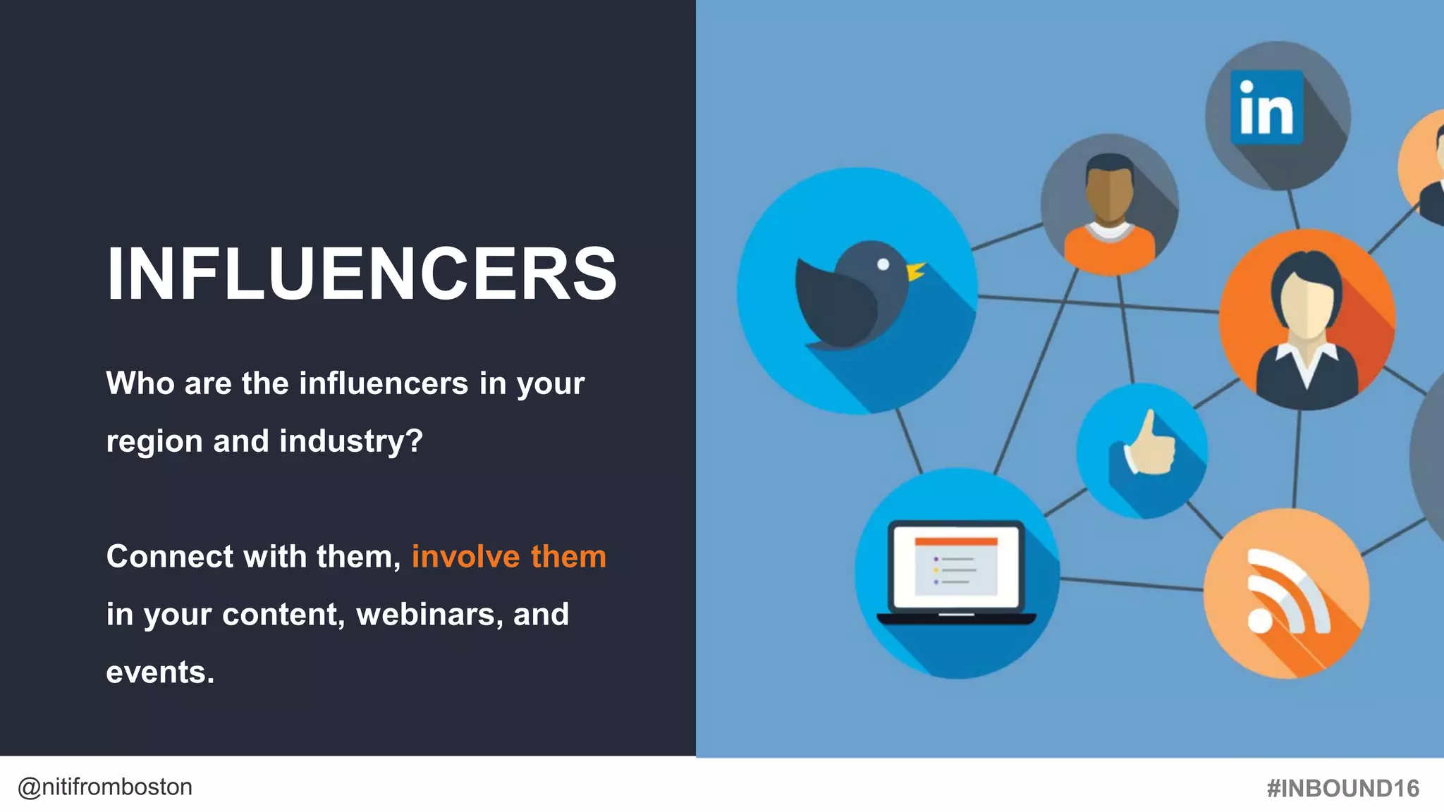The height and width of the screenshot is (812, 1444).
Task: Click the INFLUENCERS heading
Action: [362, 273]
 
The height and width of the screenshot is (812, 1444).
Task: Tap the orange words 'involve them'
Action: [508, 557]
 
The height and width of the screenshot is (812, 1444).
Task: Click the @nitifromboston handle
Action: [105, 787]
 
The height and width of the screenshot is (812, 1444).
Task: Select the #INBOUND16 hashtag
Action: [1342, 788]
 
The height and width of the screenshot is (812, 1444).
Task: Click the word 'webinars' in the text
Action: [429, 615]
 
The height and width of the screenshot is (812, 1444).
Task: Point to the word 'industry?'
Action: [351, 441]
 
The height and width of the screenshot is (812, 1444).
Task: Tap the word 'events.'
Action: [160, 672]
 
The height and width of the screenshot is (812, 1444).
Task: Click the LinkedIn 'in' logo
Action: [1266, 108]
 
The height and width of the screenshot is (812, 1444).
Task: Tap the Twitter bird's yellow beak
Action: [915, 270]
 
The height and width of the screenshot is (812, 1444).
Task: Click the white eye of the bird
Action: [883, 264]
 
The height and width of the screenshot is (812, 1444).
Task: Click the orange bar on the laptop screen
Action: [956, 541]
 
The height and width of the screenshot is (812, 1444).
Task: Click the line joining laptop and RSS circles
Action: [1131, 584]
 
